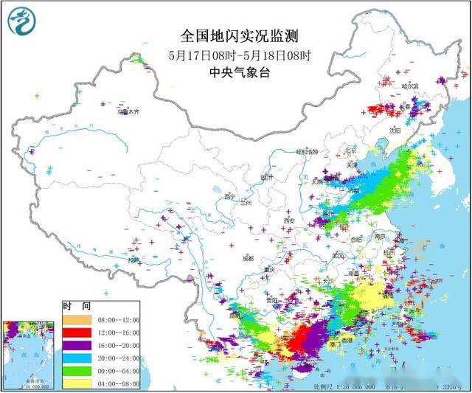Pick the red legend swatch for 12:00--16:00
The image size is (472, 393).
76,333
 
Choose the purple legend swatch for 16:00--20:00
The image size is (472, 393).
76,345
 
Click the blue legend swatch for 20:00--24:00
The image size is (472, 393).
76,358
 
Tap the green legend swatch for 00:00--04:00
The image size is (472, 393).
76,370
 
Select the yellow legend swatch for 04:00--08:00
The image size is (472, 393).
76,383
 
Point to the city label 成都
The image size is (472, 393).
246,259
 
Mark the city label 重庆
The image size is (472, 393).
270,270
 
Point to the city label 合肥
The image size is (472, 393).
356,239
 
